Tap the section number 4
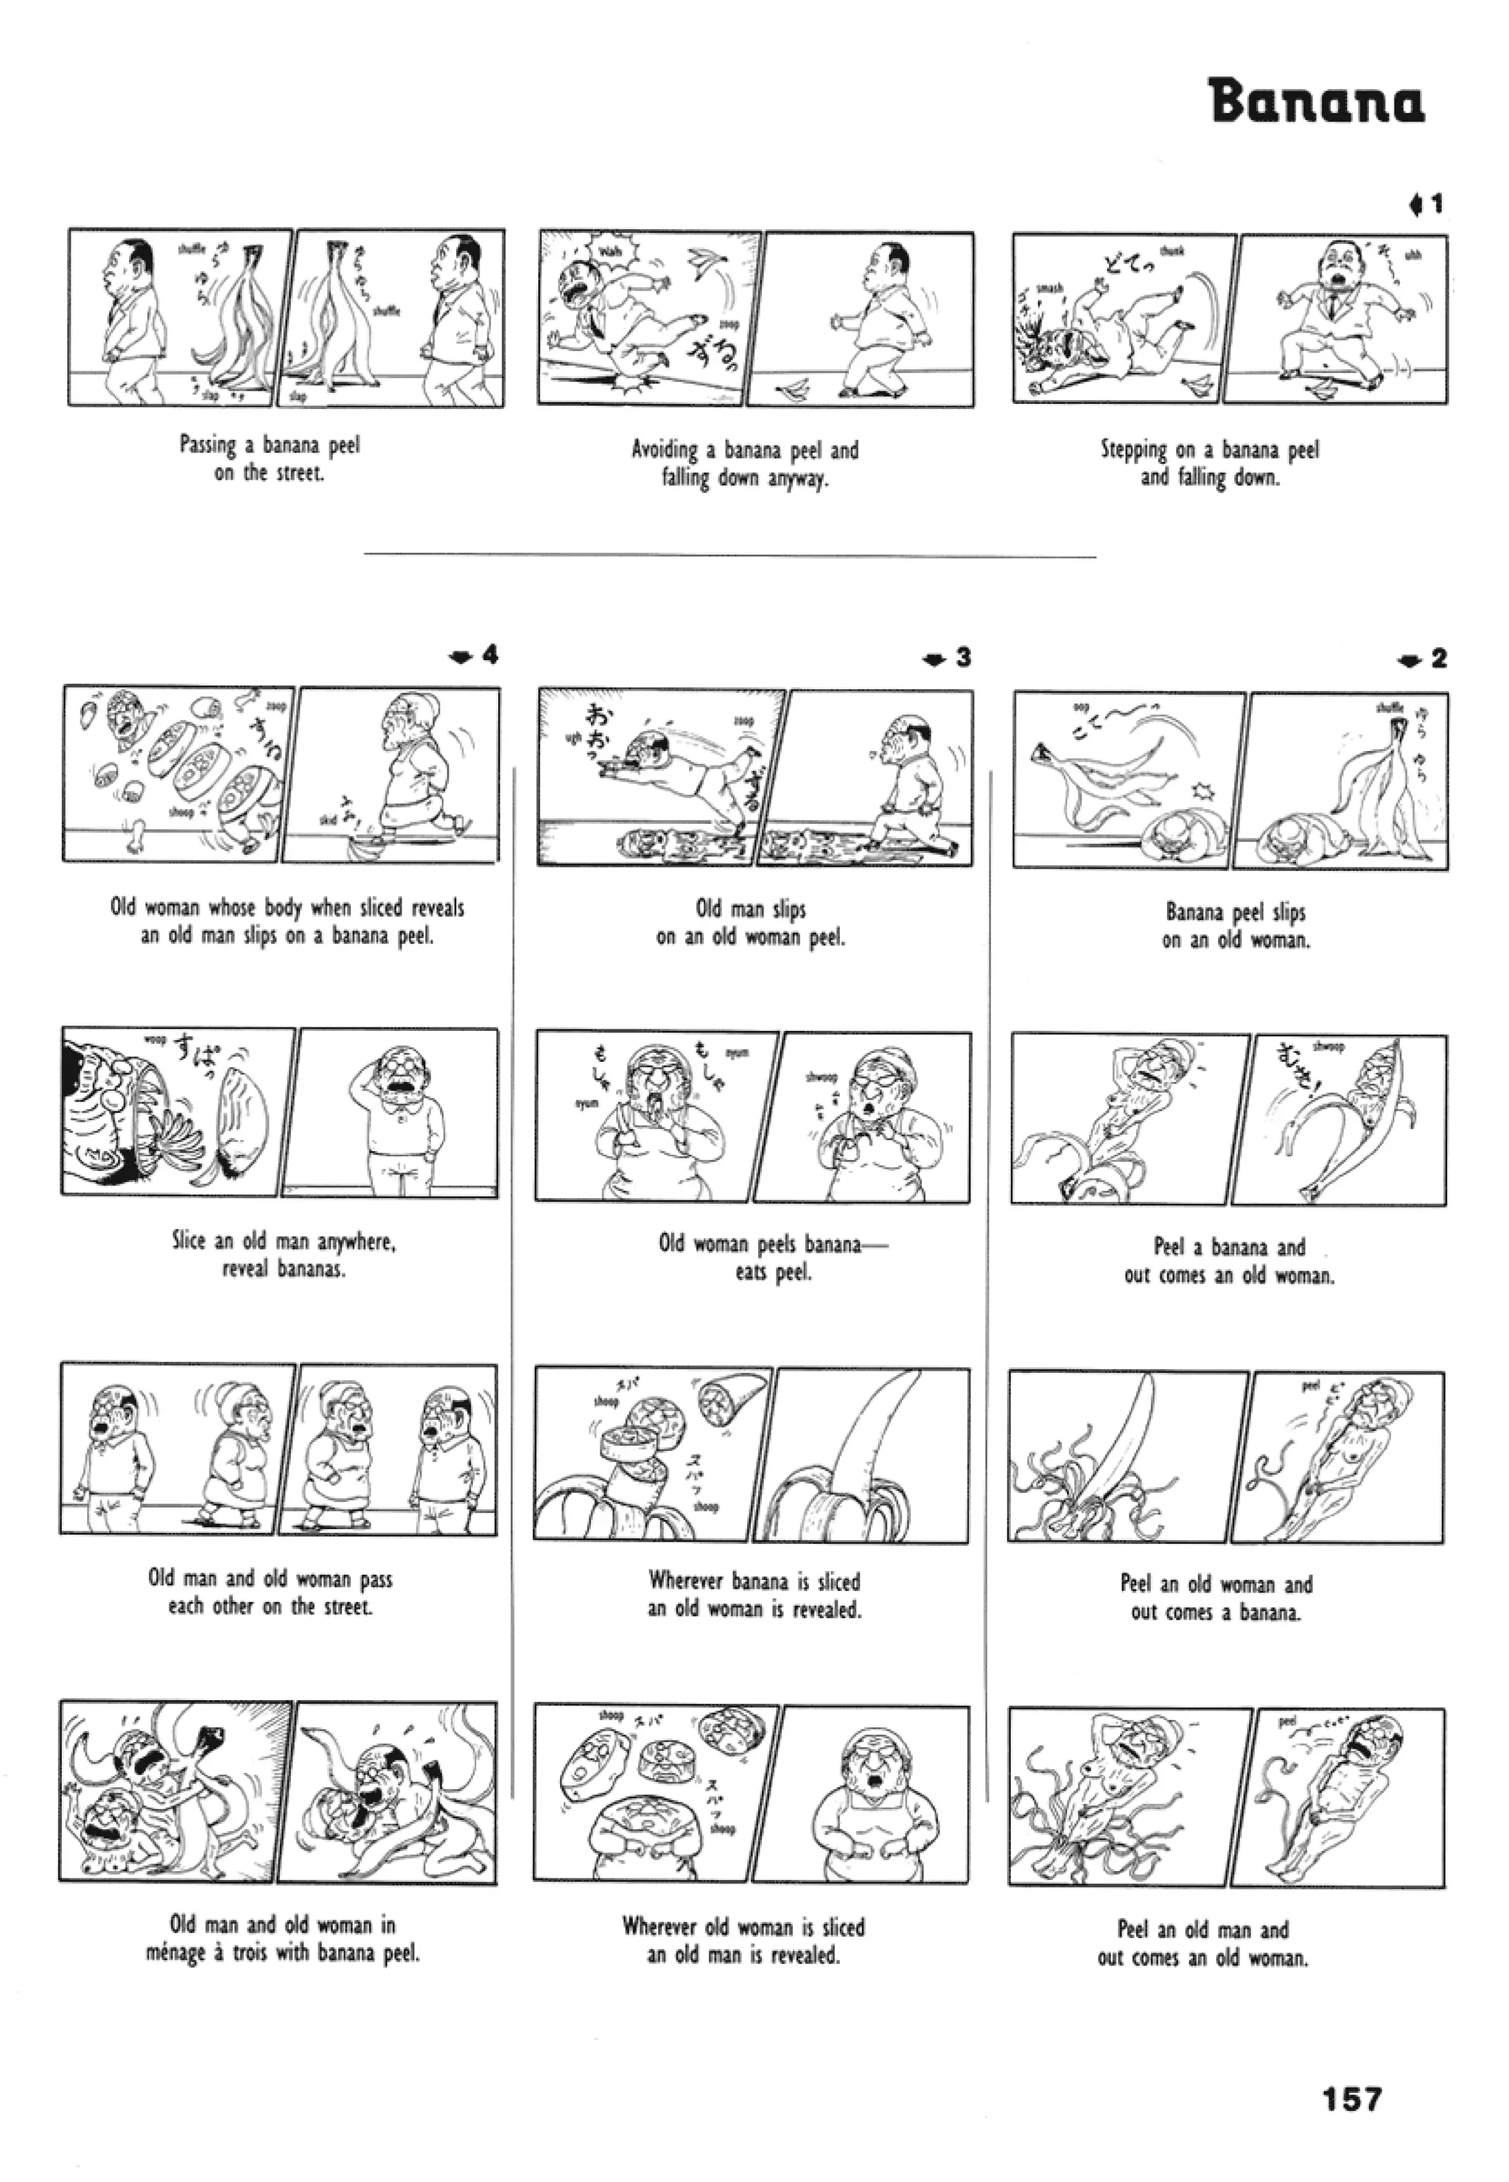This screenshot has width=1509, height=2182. click(489, 654)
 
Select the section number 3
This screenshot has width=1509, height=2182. click(962, 657)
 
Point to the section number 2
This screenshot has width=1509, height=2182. click(1438, 659)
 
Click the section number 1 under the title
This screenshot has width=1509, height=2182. click(1436, 204)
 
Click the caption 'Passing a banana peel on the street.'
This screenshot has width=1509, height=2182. click(270, 458)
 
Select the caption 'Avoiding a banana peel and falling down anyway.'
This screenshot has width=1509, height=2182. click(745, 464)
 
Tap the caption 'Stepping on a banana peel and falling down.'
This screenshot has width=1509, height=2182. click(1209, 464)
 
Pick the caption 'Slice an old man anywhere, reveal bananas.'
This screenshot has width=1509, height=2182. click(284, 1254)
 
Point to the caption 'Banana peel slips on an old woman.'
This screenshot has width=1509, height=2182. click(1236, 926)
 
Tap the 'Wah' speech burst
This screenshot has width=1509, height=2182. click(610, 253)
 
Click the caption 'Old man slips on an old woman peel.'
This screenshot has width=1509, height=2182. click(751, 923)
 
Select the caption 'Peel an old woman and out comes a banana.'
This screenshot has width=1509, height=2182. click(1216, 1597)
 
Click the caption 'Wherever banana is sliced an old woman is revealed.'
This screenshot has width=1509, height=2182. click(754, 1594)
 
